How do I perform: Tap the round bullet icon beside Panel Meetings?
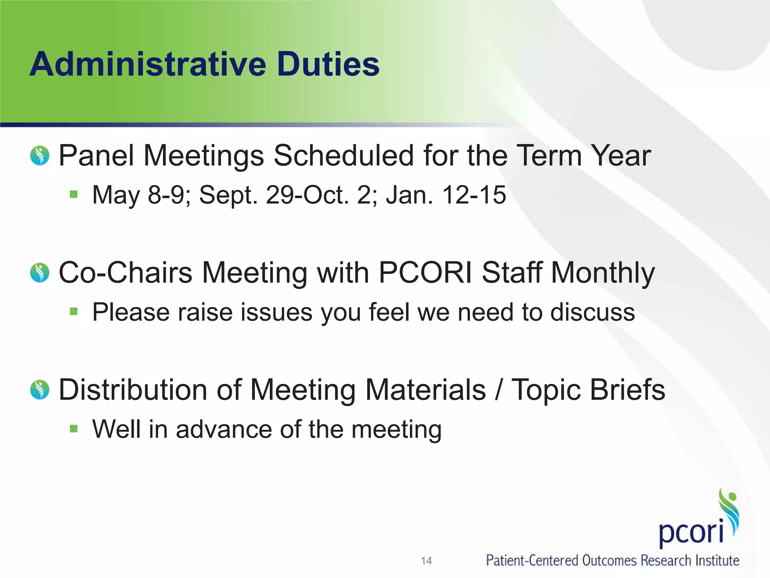point(40,155)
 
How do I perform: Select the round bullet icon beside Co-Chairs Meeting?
point(40,272)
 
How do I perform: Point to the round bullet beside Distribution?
point(40,389)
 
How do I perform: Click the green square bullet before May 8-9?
point(74,194)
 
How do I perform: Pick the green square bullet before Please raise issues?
point(74,312)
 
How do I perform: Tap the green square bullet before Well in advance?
point(74,429)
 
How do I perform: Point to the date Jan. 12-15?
point(446,195)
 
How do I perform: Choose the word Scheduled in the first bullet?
point(344,155)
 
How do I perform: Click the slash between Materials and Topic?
point(499,389)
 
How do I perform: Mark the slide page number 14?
point(426,561)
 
